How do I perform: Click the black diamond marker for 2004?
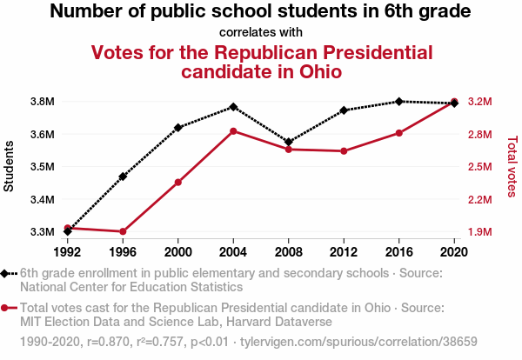point(233,107)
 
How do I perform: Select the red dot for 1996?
point(123,231)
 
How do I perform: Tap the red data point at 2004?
point(233,131)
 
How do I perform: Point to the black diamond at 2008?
point(288,142)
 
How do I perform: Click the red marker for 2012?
point(344,151)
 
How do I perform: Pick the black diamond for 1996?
point(123,177)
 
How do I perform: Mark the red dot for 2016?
point(398,133)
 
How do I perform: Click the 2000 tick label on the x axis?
point(177,252)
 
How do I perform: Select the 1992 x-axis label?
point(67,252)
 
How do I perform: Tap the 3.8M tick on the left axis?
point(42,102)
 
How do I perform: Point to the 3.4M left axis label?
point(42,200)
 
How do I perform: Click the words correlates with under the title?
point(261,32)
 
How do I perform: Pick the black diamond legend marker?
point(6,273)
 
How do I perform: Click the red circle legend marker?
point(6,308)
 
